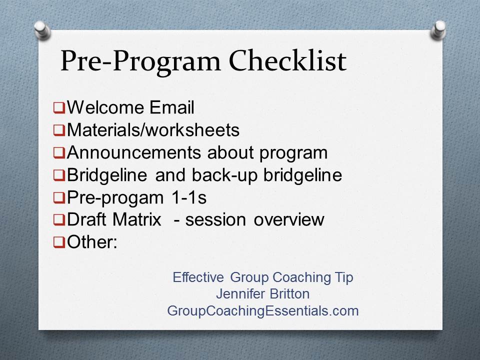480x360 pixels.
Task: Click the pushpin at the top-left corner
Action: (42, 30)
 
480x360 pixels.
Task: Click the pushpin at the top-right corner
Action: (438, 30)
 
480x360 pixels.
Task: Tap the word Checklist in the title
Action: (287, 60)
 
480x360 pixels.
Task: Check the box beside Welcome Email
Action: (59, 108)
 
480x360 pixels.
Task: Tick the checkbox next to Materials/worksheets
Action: (59, 130)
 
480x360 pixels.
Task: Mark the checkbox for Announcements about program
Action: (59, 152)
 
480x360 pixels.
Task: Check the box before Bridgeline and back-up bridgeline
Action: (59, 175)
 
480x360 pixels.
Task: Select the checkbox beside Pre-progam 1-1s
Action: (59, 197)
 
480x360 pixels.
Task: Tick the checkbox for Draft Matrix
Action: (59, 220)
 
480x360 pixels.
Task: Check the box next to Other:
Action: (59, 242)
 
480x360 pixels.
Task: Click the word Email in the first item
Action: (171, 107)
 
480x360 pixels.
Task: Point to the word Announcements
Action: (134, 152)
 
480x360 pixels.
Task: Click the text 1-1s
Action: (189, 197)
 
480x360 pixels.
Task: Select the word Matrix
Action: (136, 219)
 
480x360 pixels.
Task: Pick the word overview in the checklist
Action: (288, 220)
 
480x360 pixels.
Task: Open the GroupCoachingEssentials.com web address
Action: (262, 311)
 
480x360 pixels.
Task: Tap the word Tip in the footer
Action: (344, 278)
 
